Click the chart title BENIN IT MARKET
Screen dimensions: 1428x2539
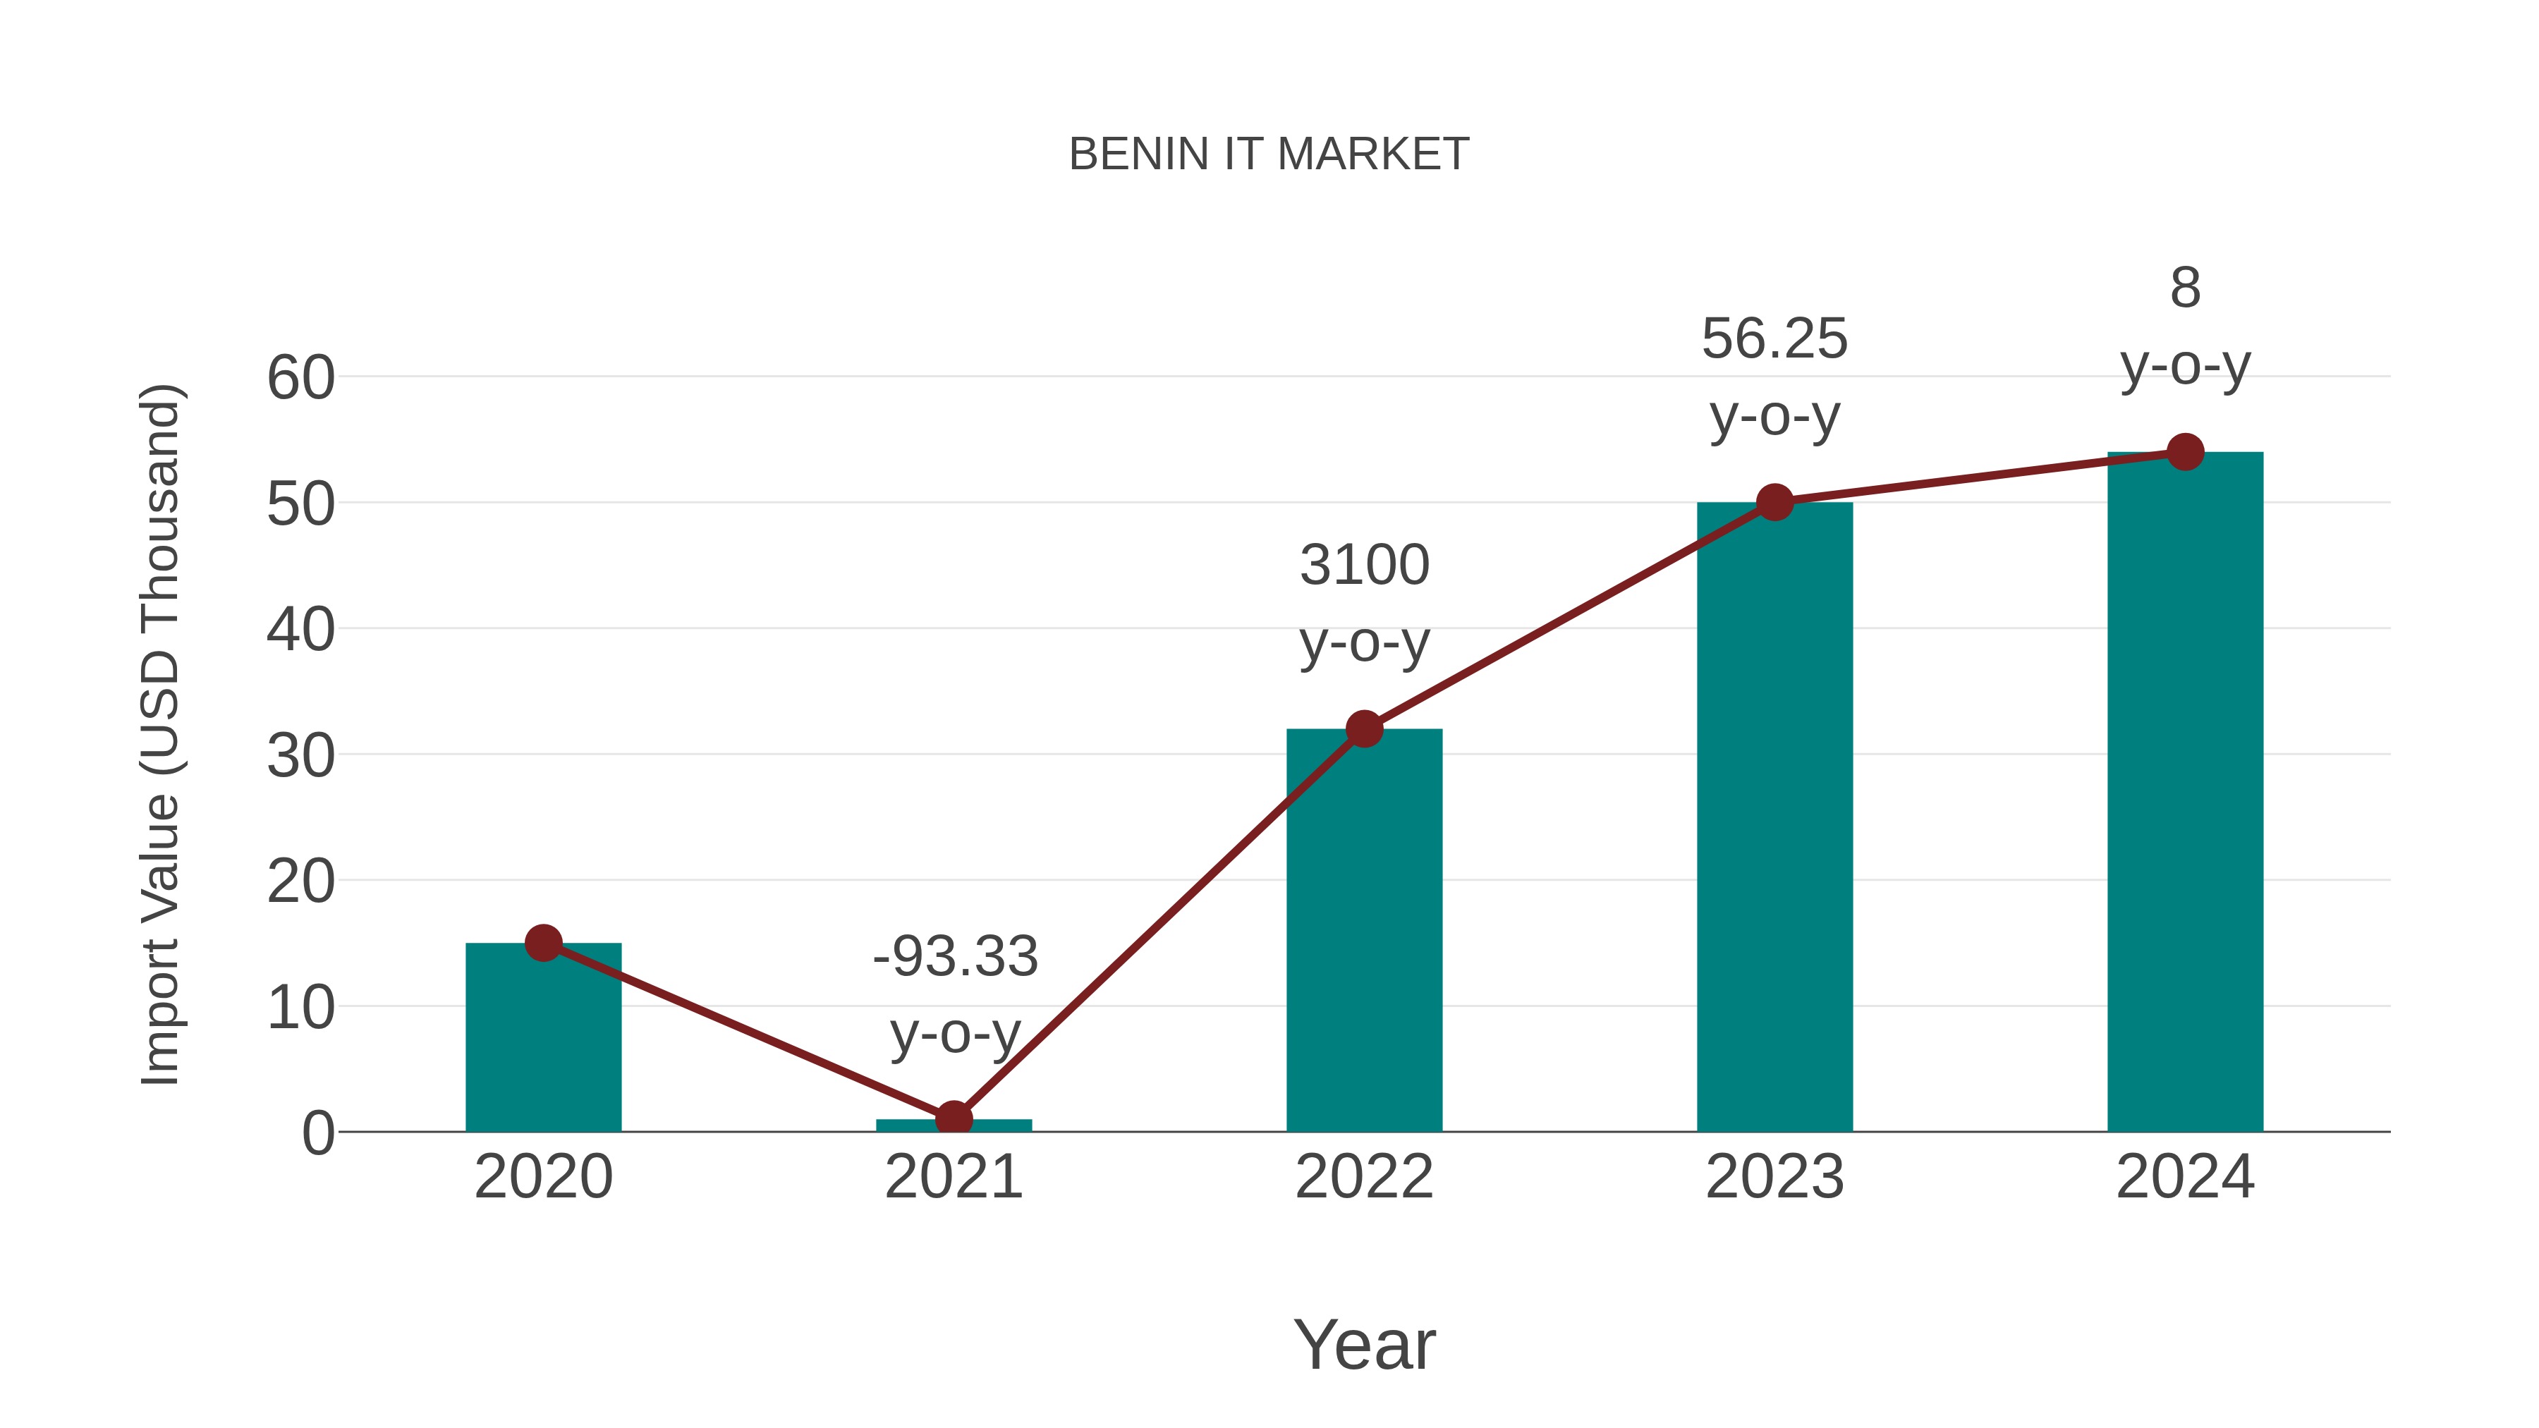point(1269,154)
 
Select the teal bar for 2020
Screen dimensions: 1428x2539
point(543,1044)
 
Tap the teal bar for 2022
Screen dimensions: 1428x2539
point(1364,936)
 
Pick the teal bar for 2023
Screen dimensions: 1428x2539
point(1774,818)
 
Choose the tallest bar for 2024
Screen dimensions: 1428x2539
point(2185,798)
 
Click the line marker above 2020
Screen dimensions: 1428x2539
point(543,943)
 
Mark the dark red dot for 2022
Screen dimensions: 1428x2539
point(1364,729)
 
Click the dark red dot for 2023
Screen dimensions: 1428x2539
point(1774,503)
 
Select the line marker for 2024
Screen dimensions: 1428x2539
point(2185,452)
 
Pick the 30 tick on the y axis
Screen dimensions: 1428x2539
point(300,756)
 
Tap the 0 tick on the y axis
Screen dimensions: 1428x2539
point(317,1133)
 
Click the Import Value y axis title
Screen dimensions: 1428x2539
point(159,734)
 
